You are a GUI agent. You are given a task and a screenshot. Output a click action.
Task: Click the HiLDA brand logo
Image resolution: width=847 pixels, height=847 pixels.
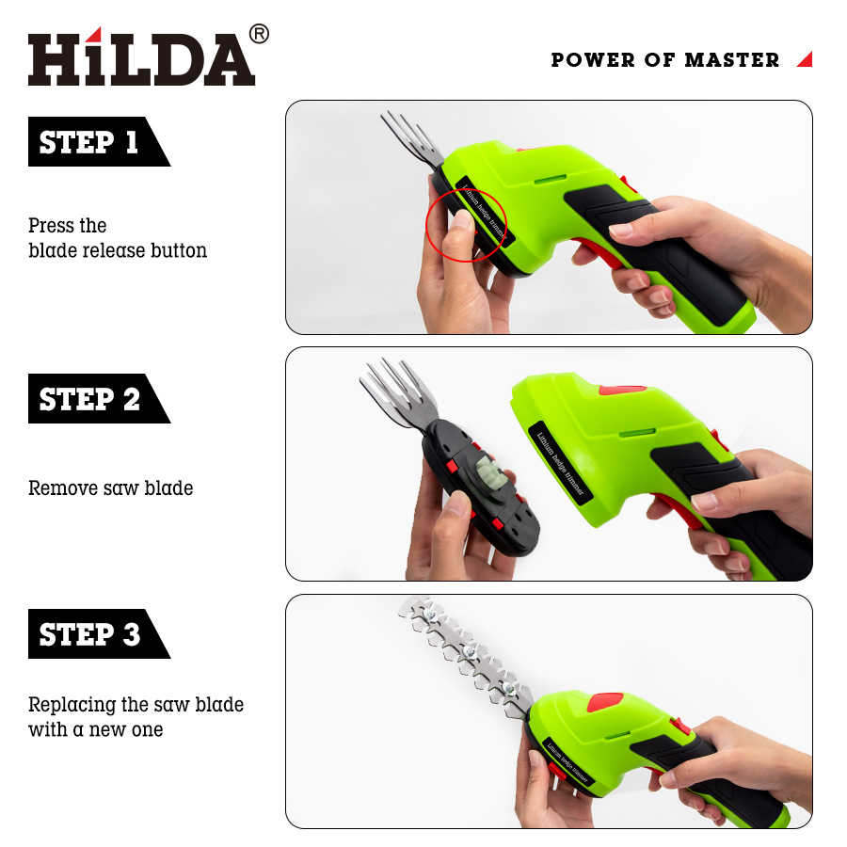coord(141,56)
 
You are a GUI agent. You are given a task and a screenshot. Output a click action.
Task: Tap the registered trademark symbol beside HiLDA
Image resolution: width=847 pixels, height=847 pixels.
coord(260,34)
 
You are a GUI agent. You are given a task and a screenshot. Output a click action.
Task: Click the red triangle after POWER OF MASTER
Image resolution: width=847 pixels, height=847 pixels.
coord(806,59)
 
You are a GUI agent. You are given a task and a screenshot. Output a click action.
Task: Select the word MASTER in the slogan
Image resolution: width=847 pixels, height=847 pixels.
coord(732,59)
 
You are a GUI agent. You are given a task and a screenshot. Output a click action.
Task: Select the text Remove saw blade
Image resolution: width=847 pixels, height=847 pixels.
coord(111,487)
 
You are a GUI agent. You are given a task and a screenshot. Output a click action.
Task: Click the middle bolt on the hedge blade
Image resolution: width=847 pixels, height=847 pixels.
coord(469,652)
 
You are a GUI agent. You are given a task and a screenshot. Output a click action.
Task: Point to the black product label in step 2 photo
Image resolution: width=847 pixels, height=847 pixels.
coord(560,463)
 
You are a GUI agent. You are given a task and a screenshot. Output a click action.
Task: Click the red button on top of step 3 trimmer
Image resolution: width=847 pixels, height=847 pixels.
coord(604,702)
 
